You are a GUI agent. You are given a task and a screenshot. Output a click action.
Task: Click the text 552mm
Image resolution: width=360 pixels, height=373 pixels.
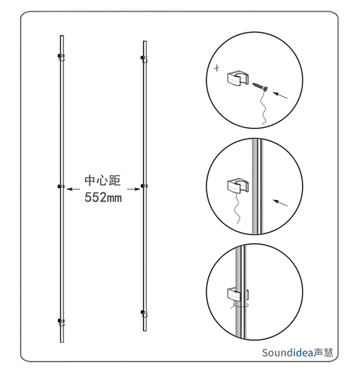coord(103,198)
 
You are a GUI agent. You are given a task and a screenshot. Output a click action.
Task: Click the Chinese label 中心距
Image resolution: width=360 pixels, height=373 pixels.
coord(103,180)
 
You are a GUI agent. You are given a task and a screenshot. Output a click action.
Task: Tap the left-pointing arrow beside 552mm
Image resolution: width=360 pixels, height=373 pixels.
coord(73,189)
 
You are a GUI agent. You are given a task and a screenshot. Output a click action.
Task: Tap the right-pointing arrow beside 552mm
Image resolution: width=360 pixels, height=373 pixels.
coord(134,189)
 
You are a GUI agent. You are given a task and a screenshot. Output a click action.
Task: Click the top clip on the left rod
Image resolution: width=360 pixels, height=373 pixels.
coord(61,56)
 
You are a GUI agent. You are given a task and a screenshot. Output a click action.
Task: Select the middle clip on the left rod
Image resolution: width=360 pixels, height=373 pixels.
coord(61,186)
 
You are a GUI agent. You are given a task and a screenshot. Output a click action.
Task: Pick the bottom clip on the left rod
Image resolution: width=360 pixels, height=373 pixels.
coord(61,321)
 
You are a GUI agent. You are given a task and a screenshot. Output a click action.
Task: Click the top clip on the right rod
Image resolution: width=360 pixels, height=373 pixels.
coord(143,58)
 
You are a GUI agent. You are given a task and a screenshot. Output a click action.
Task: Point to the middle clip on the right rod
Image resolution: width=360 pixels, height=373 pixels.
coord(143,185)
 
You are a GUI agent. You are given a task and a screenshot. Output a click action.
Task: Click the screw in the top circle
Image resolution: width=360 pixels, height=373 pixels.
coord(260,87)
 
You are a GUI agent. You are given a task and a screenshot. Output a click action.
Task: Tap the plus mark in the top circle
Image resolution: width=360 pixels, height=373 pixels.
coord(217,68)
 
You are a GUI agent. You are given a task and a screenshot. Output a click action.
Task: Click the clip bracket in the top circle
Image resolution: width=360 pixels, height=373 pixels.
coord(238,78)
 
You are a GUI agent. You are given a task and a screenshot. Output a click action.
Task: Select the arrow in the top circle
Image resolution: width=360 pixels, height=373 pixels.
coord(280,95)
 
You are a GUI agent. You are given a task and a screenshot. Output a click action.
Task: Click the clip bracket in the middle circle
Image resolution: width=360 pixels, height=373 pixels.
coord(238,185)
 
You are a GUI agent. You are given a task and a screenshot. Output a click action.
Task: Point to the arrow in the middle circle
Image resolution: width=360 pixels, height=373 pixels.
coord(280,203)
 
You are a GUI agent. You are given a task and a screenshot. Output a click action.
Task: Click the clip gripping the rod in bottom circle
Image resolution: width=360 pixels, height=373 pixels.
coord(238,295)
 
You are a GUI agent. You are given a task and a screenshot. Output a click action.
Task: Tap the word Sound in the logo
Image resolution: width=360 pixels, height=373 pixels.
coord(278,353)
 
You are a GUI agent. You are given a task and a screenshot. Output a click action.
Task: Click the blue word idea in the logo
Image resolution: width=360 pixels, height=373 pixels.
coord(304,353)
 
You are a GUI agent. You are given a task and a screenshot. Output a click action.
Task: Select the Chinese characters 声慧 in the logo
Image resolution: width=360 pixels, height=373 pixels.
coord(323,353)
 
